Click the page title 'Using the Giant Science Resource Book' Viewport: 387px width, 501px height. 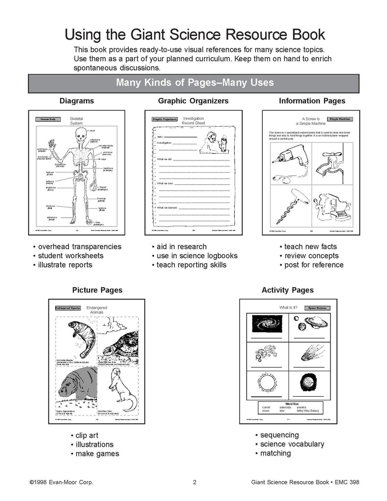pos(195,35)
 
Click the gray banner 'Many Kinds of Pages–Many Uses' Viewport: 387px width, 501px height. pos(194,82)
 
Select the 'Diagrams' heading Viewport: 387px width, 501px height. pos(76,101)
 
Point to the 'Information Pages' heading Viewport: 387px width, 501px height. pos(312,101)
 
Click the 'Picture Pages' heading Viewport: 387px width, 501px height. pos(97,290)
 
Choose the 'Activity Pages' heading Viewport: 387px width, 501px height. pos(288,290)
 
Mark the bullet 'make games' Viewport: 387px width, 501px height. pos(96,454)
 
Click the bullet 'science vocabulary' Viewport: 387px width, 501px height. pos(292,444)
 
